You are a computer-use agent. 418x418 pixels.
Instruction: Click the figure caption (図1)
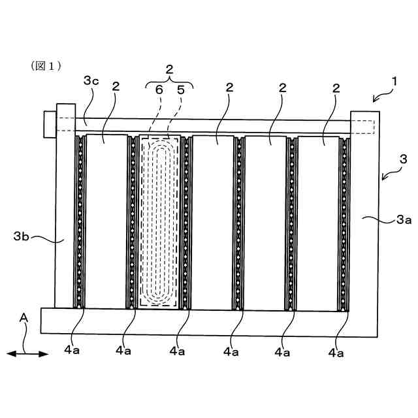(45, 66)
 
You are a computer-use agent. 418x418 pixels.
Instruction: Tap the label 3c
(91, 81)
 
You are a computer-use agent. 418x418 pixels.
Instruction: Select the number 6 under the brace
(158, 90)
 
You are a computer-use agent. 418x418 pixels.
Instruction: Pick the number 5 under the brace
(180, 90)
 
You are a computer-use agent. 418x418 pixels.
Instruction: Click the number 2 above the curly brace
(169, 69)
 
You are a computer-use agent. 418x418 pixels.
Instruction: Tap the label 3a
(404, 221)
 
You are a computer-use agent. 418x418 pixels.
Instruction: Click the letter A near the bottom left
(24, 318)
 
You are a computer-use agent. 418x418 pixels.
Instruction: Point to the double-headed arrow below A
(27, 354)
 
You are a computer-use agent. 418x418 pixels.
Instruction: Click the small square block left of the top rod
(50, 124)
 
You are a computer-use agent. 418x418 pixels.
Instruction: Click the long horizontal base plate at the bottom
(209, 323)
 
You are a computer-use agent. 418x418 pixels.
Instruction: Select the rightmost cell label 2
(335, 88)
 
